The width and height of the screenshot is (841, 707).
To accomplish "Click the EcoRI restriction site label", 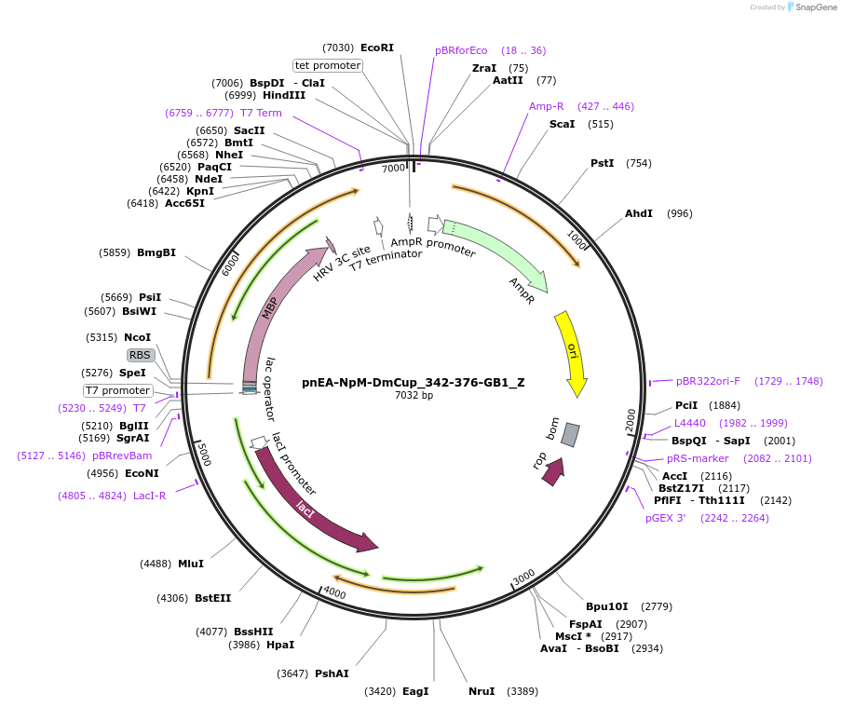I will [x=377, y=48].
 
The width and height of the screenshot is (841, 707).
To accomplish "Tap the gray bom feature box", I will [x=570, y=434].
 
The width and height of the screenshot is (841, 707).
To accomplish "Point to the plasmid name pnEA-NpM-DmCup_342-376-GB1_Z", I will [x=414, y=382].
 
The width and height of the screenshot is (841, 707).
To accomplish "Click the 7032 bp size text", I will [x=414, y=396].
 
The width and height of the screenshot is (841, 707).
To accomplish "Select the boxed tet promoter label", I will [x=328, y=65].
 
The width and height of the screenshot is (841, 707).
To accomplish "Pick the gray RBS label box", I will [x=141, y=355].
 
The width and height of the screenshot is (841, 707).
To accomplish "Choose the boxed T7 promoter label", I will [x=117, y=390].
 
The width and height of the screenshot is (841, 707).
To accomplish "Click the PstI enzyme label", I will [x=603, y=163].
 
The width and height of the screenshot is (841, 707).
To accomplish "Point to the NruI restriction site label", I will [x=482, y=691].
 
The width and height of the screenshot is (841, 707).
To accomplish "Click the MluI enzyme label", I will [x=191, y=564].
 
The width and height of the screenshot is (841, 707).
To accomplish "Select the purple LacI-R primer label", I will [x=149, y=496].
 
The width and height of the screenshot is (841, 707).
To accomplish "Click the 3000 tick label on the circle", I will [x=523, y=576].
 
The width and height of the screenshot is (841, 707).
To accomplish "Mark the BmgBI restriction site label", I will [x=156, y=252].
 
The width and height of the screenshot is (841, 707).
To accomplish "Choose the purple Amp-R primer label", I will [x=547, y=106].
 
